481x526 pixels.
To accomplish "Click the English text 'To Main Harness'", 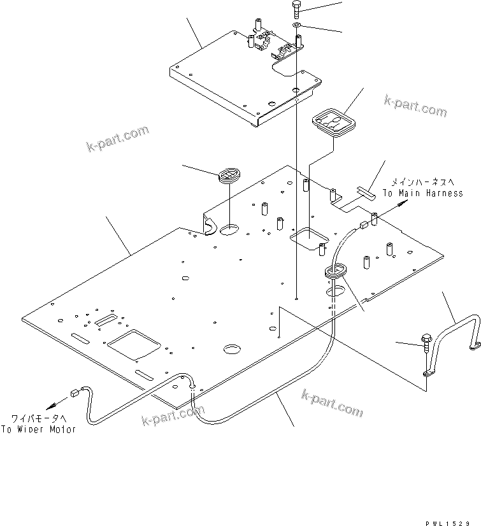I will click(x=422, y=193).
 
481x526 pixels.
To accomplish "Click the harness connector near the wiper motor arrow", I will click(x=75, y=394).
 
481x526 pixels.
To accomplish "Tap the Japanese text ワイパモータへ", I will click(x=38, y=418).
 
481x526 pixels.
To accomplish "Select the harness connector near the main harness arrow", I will click(x=364, y=224).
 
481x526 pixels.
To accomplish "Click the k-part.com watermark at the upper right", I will click(x=415, y=106).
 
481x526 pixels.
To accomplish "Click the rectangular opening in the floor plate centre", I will click(x=307, y=238).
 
